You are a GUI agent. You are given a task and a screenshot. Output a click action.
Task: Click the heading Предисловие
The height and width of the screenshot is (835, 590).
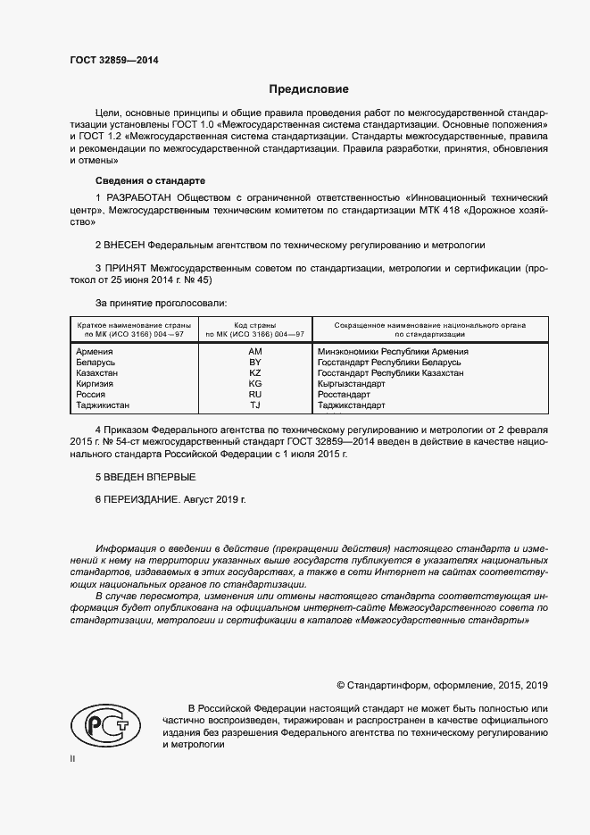click(310, 89)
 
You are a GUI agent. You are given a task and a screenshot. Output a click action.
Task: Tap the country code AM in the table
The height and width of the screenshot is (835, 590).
click(254, 352)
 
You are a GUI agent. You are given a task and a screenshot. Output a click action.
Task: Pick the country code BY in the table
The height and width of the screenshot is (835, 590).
click(254, 363)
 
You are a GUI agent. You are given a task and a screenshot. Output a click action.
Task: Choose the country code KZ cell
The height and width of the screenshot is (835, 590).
click(254, 373)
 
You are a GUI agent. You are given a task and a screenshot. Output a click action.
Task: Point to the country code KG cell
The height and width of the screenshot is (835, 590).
click(254, 384)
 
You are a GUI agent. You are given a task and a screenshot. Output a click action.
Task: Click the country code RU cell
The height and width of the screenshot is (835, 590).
click(254, 395)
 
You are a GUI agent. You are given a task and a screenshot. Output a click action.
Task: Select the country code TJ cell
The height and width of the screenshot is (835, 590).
click(254, 405)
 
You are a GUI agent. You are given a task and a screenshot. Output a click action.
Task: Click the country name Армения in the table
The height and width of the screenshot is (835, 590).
click(95, 352)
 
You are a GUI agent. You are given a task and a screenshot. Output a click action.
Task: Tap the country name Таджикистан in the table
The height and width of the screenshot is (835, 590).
click(105, 405)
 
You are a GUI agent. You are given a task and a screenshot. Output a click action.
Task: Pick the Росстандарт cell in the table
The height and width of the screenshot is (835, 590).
click(344, 395)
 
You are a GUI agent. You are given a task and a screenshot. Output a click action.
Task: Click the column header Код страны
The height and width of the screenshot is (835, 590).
click(254, 324)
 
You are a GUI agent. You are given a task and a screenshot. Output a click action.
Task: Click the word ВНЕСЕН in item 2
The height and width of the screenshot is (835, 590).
click(125, 244)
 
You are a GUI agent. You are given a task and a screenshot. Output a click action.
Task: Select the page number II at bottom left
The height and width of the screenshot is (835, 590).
click(73, 758)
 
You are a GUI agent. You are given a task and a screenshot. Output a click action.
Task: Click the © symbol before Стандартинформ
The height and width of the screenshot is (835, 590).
click(341, 685)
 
